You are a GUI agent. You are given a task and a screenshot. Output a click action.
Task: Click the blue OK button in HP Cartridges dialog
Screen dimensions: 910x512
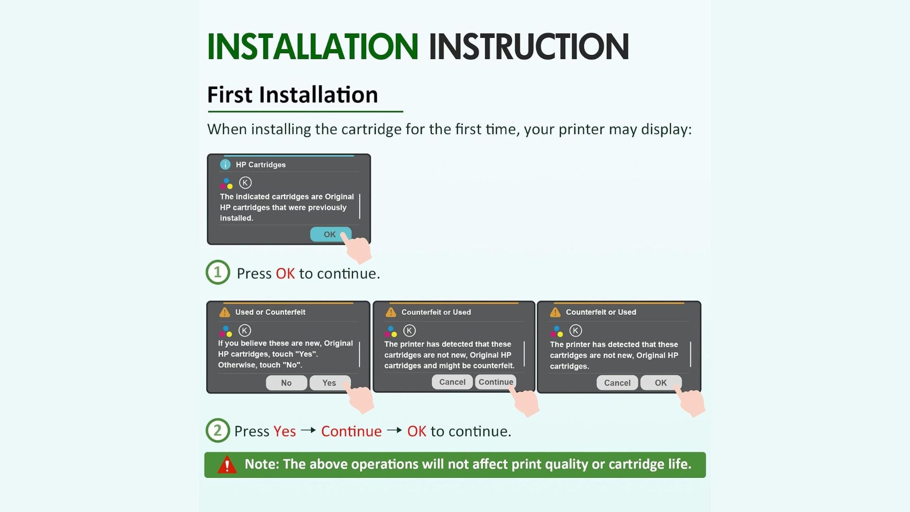tap(330, 234)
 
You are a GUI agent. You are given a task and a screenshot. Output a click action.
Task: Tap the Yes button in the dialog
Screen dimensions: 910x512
tap(329, 383)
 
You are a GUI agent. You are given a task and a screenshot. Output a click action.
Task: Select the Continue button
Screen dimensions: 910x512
tap(495, 382)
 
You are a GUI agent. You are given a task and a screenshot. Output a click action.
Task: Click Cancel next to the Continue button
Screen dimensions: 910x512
tap(452, 382)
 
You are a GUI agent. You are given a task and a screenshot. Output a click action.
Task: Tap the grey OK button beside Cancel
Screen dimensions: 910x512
tap(661, 383)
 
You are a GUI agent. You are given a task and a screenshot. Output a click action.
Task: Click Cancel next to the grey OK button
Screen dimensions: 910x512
tap(617, 383)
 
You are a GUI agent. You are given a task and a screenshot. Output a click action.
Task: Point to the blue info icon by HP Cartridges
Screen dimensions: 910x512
tap(225, 165)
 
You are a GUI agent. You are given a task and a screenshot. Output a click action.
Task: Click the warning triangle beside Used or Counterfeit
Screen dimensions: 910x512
tap(224, 312)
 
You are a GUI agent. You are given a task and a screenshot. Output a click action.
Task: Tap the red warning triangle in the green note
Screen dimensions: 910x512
tap(227, 465)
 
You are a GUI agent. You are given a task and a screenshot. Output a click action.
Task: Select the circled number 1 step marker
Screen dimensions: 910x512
tap(218, 272)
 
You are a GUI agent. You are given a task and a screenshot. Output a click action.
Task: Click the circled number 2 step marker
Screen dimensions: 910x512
tap(218, 430)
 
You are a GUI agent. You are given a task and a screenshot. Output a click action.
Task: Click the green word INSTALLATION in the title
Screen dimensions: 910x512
tap(313, 46)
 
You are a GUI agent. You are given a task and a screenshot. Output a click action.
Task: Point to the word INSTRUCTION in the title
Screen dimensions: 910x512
tap(529, 46)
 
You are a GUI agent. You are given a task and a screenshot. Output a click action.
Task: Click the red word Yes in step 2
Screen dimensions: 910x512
tap(285, 431)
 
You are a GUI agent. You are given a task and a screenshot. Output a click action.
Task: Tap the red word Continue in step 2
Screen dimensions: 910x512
tap(351, 431)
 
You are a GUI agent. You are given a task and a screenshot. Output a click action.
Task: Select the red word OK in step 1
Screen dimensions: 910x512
tap(285, 274)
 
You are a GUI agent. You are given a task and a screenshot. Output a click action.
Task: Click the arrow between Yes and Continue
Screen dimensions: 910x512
tap(309, 430)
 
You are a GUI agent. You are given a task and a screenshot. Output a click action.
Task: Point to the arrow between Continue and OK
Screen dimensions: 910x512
tap(394, 430)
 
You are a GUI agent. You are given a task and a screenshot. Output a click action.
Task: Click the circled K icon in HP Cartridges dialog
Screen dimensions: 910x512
tap(245, 183)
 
